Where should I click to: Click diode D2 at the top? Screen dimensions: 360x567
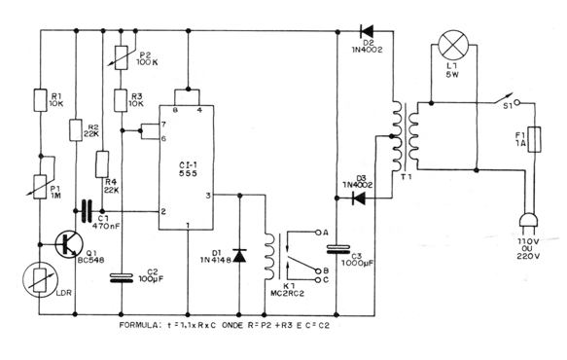coord(368,29)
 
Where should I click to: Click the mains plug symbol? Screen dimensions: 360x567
coord(531,225)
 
